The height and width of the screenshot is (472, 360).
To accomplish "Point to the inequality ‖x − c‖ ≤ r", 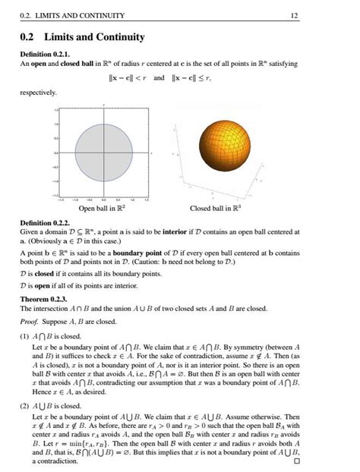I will [191, 77].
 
